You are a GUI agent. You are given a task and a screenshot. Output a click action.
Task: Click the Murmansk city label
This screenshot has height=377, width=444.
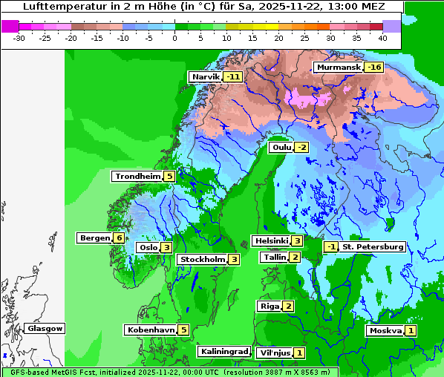[x=338, y=68]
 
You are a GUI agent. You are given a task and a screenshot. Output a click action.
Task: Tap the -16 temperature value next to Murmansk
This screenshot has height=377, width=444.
[x=374, y=68]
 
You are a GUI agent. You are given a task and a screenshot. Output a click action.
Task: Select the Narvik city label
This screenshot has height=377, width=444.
[x=206, y=76]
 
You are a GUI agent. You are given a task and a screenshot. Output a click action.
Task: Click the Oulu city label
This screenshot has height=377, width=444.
[x=281, y=147]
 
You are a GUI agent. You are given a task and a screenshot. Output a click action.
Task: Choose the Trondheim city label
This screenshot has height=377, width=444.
[x=137, y=176]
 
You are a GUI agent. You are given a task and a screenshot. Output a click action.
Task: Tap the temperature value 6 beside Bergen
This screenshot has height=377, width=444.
[x=119, y=238]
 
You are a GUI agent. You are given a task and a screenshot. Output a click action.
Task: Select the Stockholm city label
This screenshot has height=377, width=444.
[x=202, y=259]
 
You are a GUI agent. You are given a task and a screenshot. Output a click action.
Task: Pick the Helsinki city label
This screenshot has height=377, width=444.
[x=271, y=240]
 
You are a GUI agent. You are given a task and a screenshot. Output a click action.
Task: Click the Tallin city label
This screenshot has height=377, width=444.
[x=274, y=257]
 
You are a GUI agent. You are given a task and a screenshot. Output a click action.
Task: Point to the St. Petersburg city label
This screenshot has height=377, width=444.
[x=373, y=246]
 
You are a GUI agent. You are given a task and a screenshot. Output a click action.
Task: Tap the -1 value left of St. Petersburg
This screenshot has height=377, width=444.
[x=331, y=246]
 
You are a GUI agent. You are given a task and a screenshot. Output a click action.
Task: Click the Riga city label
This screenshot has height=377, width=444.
[x=269, y=306]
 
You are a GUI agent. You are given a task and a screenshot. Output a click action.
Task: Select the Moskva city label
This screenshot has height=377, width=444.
[x=385, y=330]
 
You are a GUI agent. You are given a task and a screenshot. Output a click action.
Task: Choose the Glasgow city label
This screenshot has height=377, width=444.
[x=45, y=328]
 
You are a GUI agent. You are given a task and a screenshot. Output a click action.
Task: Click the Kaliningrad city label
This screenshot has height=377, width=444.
[x=223, y=351]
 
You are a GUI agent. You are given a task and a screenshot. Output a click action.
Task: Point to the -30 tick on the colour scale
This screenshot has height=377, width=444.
[x=19, y=38]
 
